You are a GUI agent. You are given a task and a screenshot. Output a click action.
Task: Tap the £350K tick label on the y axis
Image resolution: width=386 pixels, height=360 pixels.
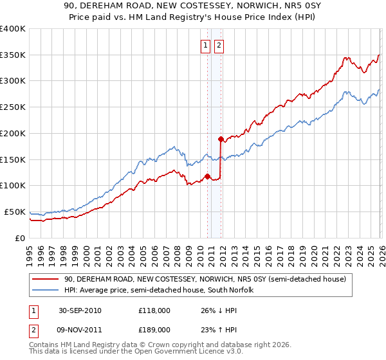13,55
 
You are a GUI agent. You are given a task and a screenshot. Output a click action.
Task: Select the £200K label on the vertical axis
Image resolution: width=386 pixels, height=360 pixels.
13,134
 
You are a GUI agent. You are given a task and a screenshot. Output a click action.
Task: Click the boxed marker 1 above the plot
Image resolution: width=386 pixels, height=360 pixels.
205,45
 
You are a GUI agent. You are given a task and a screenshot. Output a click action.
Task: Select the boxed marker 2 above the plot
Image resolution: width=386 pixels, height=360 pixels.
219,45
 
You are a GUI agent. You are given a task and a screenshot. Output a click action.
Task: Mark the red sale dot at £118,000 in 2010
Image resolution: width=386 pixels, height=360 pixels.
207,176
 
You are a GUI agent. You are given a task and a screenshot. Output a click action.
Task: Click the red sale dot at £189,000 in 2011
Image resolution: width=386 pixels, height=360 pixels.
220,139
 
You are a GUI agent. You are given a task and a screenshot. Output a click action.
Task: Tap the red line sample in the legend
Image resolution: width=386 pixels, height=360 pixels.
45,280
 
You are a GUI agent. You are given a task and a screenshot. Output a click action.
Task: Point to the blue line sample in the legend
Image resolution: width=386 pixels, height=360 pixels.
45,291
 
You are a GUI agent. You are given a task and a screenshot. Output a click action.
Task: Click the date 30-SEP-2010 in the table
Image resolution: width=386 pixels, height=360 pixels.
80,310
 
